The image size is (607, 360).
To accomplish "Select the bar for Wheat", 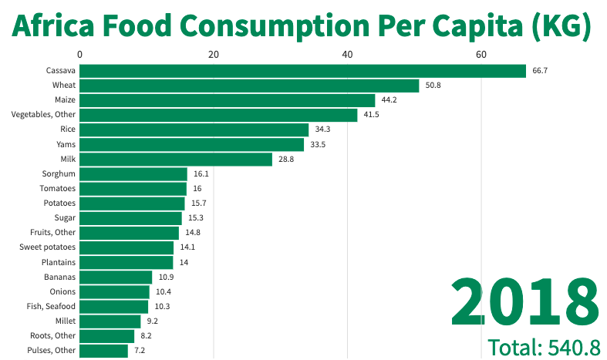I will point(249,85).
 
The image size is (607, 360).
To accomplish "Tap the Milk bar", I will point(176,159).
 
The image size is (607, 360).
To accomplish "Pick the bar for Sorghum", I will point(133,173).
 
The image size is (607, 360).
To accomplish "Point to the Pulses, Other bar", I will point(103,350).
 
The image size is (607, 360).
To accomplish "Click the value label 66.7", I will point(540,70).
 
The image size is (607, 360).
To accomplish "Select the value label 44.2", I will point(389,100).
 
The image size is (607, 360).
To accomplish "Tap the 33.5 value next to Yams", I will point(318,144).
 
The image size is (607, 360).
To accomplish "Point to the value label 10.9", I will point(167,277).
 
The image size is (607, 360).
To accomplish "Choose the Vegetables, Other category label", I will point(43,115).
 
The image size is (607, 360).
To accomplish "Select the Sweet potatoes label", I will point(48,247).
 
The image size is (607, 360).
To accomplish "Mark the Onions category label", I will point(62,291).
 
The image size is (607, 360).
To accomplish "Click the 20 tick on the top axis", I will point(214,54).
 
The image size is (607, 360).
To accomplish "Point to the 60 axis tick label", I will point(481,54).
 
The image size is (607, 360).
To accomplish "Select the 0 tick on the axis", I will point(80,54).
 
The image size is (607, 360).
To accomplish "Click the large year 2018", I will point(525,301).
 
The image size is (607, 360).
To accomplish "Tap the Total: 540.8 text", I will point(544,347).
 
